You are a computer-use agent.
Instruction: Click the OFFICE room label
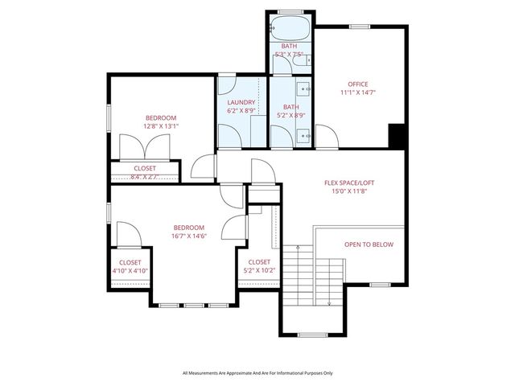(x=357, y=84)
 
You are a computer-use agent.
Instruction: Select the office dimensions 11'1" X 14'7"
(x=357, y=93)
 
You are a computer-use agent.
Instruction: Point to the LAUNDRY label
(x=241, y=102)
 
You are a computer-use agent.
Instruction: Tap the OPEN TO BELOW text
(x=369, y=244)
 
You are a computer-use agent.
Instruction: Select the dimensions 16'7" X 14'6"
(x=189, y=236)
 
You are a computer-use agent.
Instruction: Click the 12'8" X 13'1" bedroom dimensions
(x=161, y=125)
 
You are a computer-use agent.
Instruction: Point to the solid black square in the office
(x=396, y=136)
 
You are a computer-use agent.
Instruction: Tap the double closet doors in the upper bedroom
(x=145, y=148)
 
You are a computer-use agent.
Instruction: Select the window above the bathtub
(x=290, y=10)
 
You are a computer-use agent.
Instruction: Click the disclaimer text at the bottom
(x=257, y=372)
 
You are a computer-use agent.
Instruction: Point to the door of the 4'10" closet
(x=129, y=235)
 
